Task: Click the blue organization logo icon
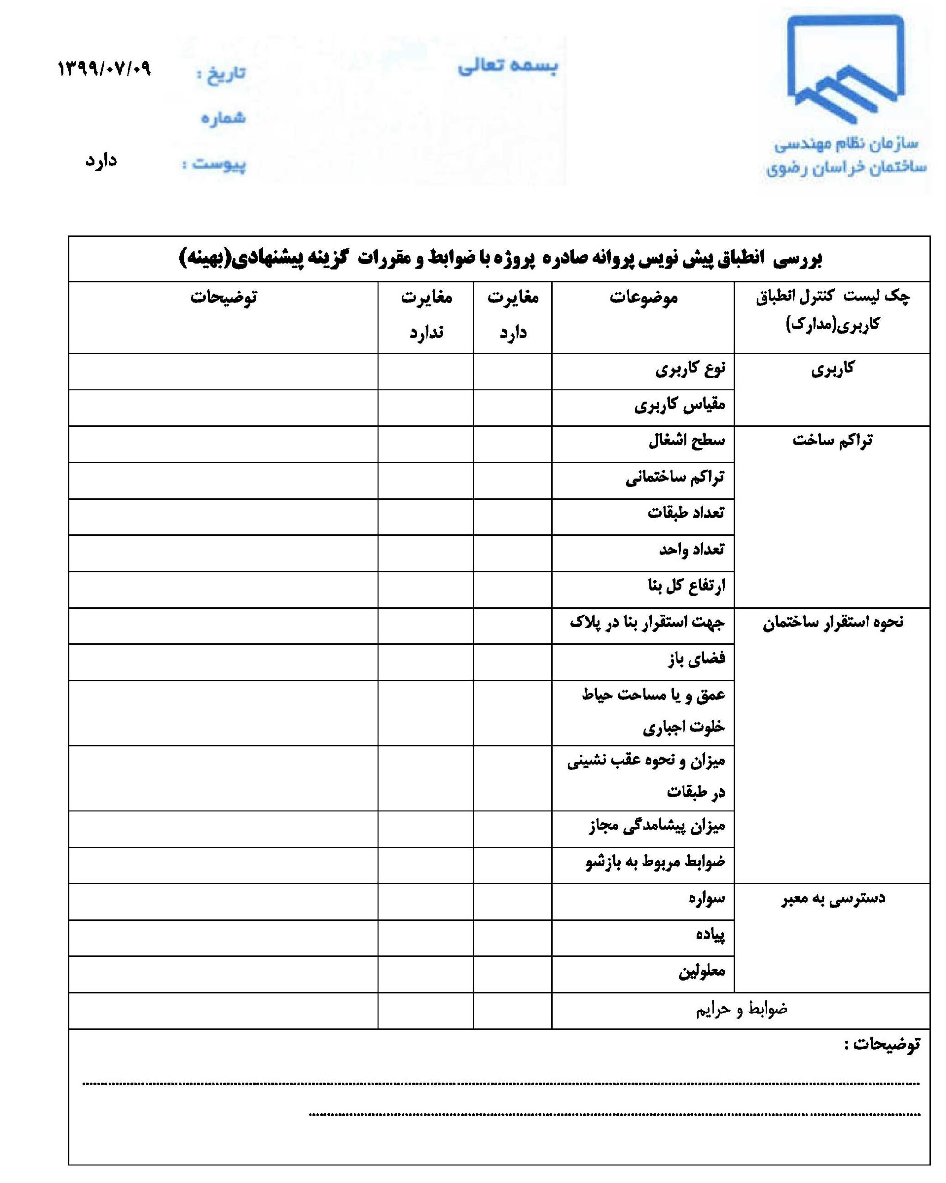pyautogui.click(x=845, y=68)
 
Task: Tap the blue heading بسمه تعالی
pyautogui.click(x=507, y=66)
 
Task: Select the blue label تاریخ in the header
pyautogui.click(x=222, y=73)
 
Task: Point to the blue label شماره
pyautogui.click(x=223, y=118)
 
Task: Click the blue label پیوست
pyautogui.click(x=215, y=164)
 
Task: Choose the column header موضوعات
pyautogui.click(x=644, y=298)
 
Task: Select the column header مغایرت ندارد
pyautogui.click(x=426, y=315)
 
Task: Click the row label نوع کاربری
pyautogui.click(x=690, y=369)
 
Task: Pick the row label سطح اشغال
pyautogui.click(x=686, y=440)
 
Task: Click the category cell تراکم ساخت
pyautogui.click(x=832, y=440)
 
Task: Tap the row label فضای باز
pyautogui.click(x=696, y=659)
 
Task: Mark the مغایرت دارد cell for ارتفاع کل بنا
pyautogui.click(x=512, y=589)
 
